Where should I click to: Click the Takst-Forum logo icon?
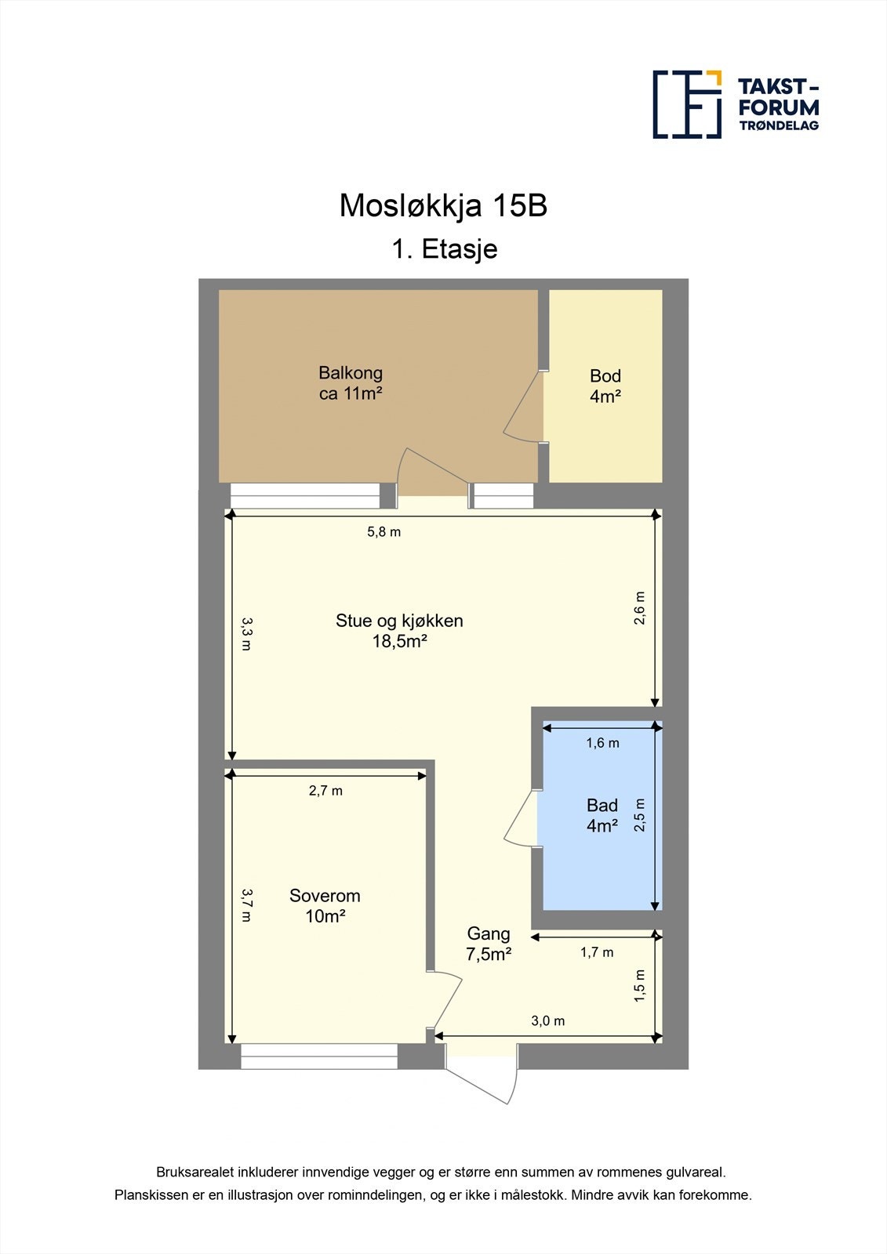point(687,104)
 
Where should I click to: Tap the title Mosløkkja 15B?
point(443,205)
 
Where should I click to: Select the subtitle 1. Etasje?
point(445,249)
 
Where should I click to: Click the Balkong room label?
point(351,383)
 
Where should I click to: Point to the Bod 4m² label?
point(605,386)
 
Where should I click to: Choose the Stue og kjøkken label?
point(399,631)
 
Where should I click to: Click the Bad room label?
point(602,815)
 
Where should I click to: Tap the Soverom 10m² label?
point(325,905)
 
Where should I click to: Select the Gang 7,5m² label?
point(489,944)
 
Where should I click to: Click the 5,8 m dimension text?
point(384,532)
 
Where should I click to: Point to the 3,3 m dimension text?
point(246,634)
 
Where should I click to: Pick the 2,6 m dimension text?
point(640,608)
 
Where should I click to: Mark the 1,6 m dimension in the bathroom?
point(602,743)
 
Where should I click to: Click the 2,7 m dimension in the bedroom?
point(325,791)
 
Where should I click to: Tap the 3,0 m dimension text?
point(547,1021)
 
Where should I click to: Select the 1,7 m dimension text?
point(597,952)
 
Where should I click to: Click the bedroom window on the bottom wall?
point(319,1056)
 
